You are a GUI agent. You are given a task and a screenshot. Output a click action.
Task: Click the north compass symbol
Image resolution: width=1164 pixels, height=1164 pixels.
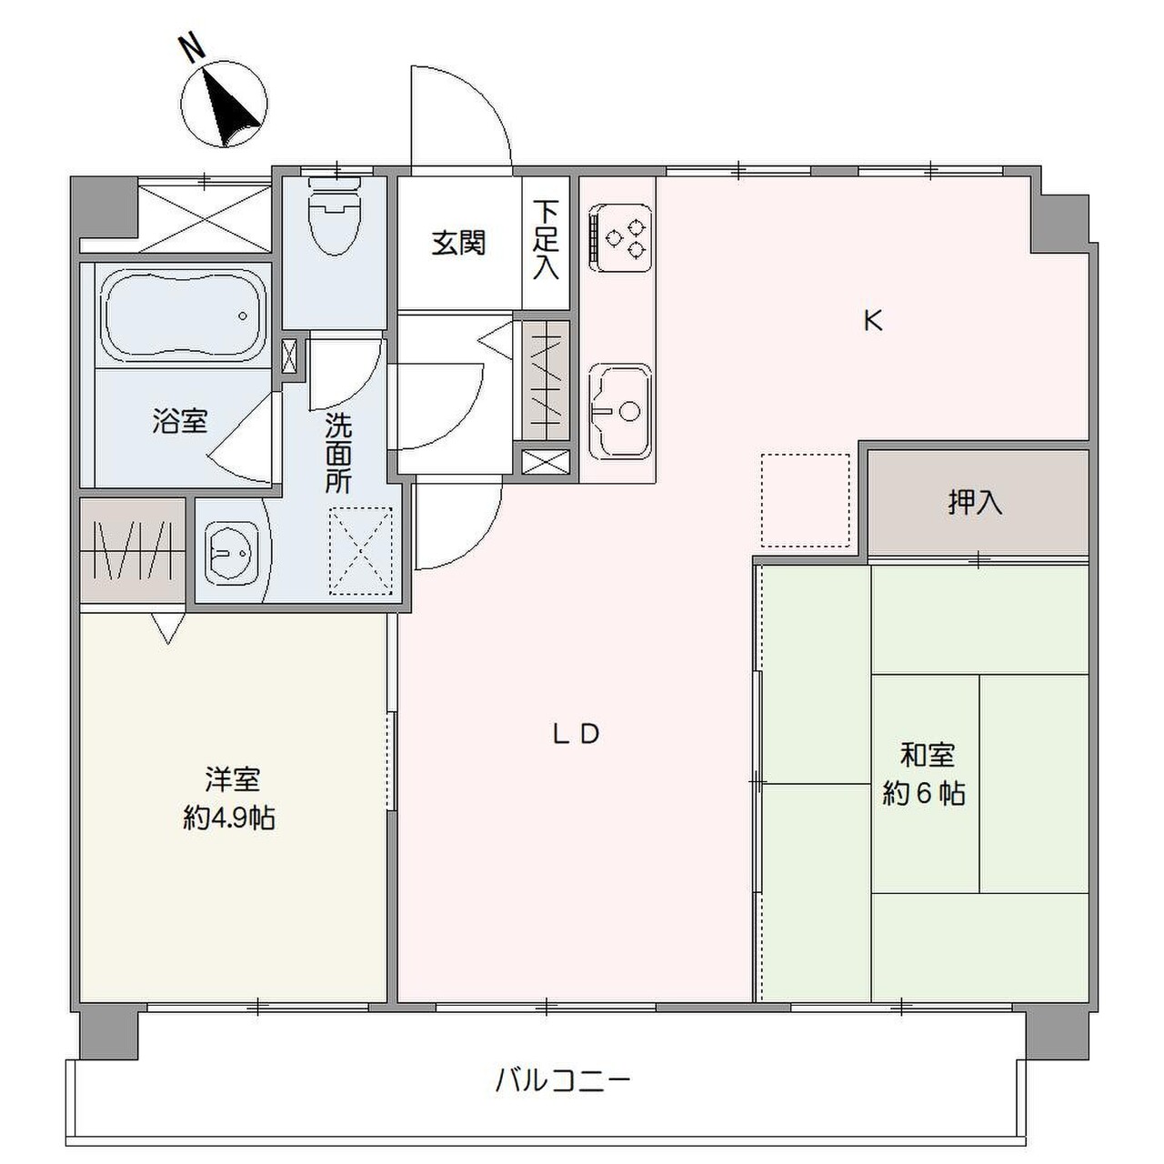224,104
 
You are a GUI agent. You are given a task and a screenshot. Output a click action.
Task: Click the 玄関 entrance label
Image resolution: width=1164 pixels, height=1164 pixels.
458,243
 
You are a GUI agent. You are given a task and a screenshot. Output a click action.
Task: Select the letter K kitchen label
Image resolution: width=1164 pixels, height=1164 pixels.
873,320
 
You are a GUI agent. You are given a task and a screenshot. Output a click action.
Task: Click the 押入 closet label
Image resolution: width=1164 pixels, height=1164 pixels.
975,502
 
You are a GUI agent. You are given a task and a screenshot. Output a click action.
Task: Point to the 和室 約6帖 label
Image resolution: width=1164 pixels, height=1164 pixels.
925,774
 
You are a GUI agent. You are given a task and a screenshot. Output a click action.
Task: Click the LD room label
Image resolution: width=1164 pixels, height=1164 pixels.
577,734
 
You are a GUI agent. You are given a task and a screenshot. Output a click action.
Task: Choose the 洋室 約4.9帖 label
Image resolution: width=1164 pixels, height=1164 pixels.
230,798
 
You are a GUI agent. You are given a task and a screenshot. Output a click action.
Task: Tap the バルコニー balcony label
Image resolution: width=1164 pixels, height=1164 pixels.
563,1080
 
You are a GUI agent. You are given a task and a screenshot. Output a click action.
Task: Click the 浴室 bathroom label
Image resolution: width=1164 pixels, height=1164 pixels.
180,421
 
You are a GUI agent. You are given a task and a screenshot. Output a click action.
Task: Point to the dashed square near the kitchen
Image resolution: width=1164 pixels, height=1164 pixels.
805,500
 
